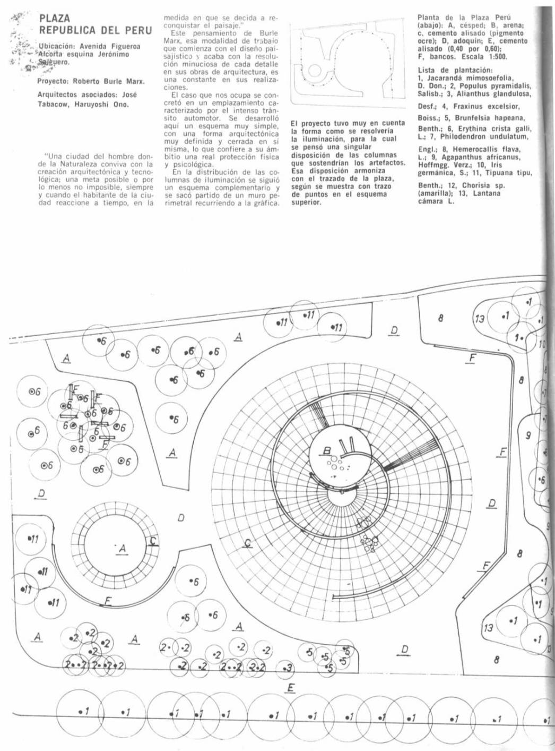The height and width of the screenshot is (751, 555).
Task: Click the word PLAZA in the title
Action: click(54, 19)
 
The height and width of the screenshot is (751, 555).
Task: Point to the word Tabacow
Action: click(53, 104)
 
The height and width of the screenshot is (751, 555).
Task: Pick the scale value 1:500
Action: click(495, 56)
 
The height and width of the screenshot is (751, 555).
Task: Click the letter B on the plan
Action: click(327, 451)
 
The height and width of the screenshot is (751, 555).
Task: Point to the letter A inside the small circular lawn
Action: click(123, 548)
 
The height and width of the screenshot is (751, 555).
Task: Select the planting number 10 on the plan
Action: click(542, 344)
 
